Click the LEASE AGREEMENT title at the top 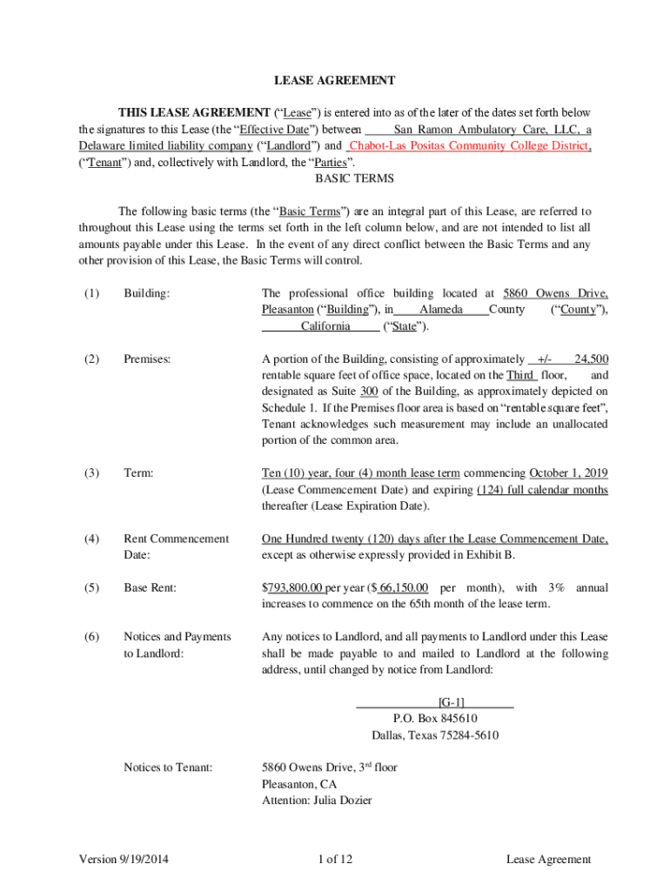335,81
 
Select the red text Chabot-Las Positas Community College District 470,146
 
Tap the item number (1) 92,294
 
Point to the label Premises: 147,358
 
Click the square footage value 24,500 592,358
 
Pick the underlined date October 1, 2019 568,473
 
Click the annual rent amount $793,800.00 292,588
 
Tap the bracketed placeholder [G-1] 451,701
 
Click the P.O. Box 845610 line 435,719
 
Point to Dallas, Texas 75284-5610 435,735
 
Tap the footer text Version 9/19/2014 124,860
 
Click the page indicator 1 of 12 335,860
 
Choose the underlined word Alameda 440,310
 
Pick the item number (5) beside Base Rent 92,588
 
